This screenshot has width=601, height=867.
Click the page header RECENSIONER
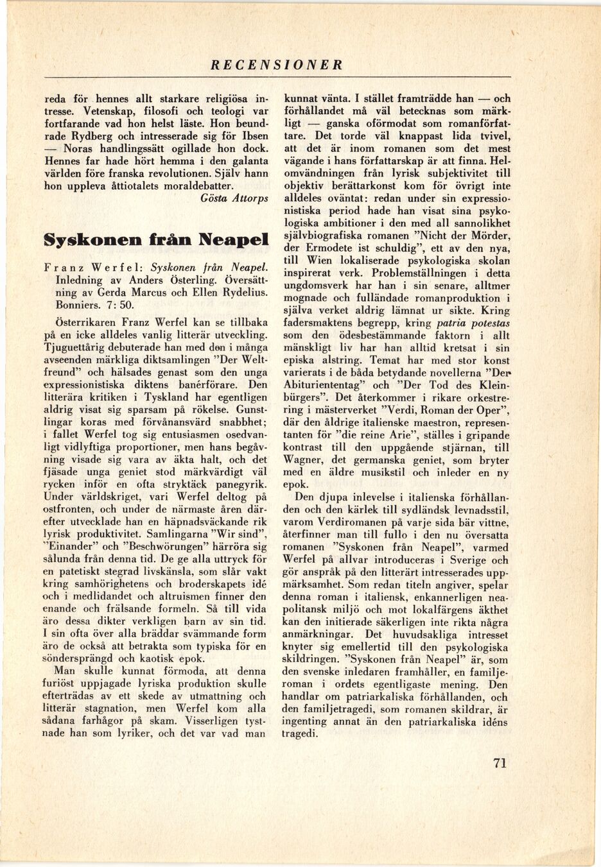(x=277, y=65)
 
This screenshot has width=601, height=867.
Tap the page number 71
(x=501, y=762)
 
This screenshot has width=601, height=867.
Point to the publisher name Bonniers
(x=65, y=306)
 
